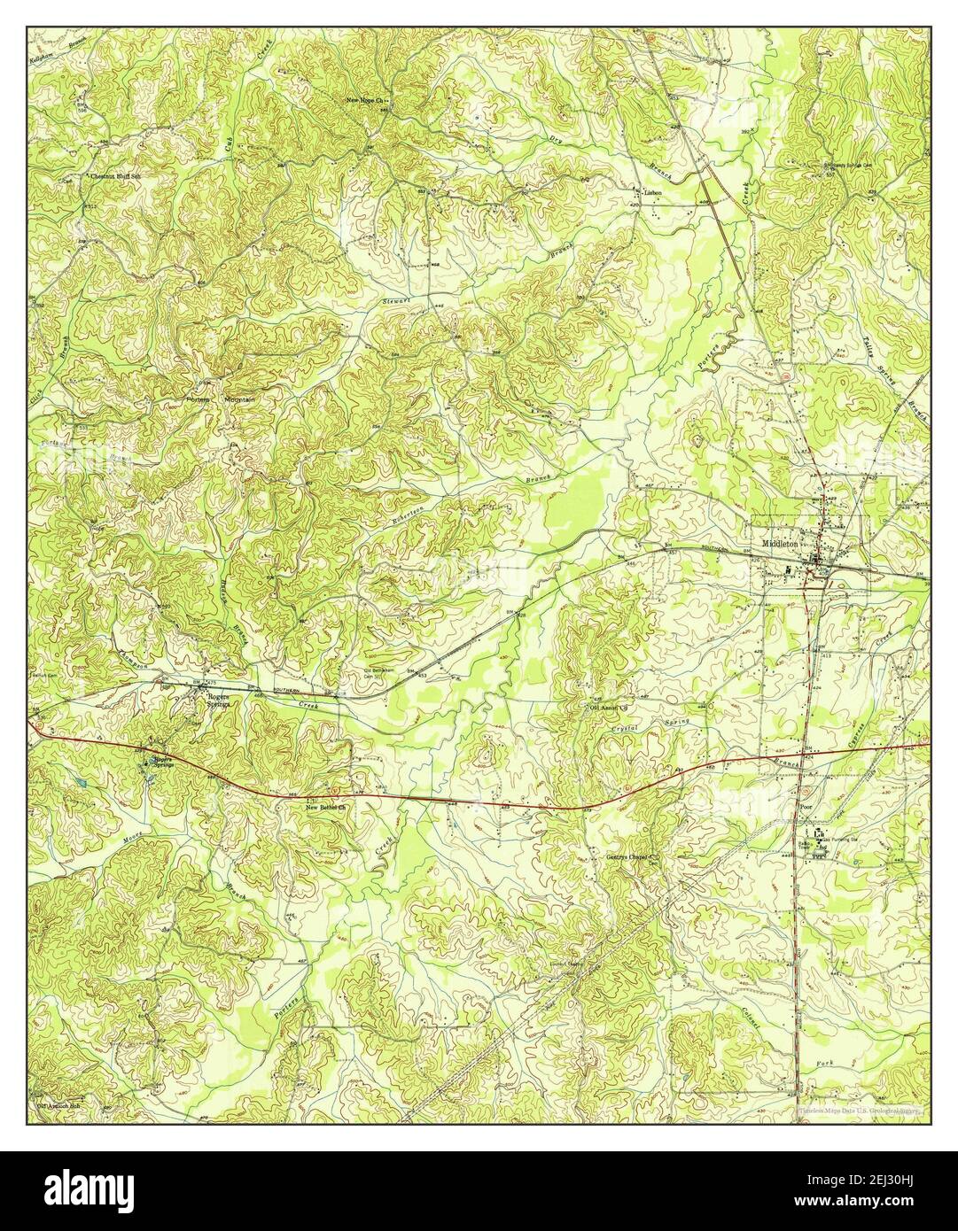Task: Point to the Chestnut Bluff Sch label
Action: (x=115, y=176)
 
